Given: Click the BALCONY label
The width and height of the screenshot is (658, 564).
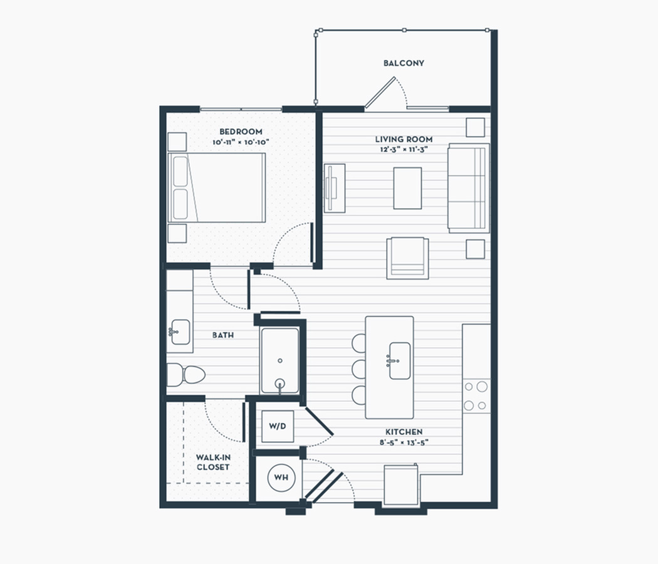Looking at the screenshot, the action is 404,63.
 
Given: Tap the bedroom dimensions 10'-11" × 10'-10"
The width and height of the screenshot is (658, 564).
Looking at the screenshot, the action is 241,142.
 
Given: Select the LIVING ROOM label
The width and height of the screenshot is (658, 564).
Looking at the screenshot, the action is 404,139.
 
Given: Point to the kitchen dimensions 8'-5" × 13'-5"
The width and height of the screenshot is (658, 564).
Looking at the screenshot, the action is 404,442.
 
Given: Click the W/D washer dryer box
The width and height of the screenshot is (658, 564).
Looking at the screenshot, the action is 278,426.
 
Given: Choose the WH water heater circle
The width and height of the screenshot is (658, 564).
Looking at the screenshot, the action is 281,477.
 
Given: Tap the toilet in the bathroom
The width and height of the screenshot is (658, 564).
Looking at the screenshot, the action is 186,374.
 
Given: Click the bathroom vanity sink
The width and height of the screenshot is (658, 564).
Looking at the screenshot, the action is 180,332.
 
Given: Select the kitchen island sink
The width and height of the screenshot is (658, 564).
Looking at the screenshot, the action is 399,360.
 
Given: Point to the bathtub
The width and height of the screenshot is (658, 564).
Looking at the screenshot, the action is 280,361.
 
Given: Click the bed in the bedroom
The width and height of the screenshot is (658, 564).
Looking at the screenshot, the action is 217,187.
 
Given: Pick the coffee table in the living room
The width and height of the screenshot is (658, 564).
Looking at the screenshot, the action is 407,188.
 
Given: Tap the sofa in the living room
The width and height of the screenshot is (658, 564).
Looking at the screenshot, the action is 469,188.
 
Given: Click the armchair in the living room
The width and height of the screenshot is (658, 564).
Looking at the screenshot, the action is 407,258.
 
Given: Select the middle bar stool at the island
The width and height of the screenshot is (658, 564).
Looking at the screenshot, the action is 359,369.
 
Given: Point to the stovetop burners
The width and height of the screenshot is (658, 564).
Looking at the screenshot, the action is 476,395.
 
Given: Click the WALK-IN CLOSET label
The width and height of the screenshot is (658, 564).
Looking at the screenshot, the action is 213,462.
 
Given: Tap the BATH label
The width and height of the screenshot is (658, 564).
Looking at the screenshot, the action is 223,335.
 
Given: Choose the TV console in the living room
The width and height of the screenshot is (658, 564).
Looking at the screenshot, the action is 335,188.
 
